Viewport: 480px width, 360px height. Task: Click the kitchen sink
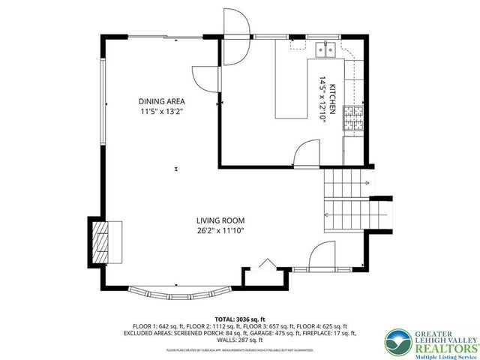tap(326, 49)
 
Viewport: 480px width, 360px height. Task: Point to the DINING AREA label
tap(161, 101)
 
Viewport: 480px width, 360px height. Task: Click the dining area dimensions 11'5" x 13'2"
tap(161, 112)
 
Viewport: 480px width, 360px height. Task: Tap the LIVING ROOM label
tap(220, 220)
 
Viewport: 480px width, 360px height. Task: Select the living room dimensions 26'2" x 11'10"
tap(220, 231)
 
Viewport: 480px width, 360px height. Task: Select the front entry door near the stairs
tap(324, 255)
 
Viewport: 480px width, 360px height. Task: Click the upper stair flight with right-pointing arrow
tap(345, 182)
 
